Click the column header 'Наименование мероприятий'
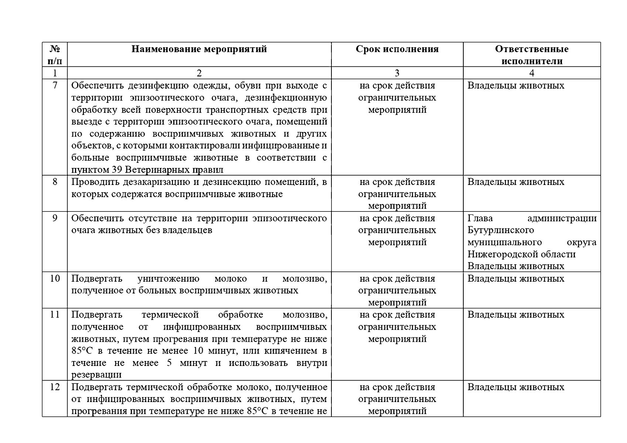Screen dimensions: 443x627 (x=199, y=49)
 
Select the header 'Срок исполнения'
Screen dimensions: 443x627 (x=397, y=49)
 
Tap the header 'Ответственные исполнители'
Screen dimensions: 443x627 (x=532, y=55)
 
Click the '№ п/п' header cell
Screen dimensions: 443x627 (x=55, y=55)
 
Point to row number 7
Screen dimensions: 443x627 (x=55, y=86)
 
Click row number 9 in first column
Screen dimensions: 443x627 (x=55, y=218)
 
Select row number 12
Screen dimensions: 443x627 (x=55, y=387)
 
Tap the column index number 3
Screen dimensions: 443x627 (x=397, y=73)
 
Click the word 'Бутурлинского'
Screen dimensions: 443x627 (x=501, y=230)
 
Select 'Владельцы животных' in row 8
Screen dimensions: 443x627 (x=516, y=182)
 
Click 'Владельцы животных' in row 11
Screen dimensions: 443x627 (x=516, y=315)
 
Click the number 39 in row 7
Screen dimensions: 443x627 (x=116, y=170)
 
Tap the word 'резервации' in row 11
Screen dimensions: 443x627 (x=96, y=375)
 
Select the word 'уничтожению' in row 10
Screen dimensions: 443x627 (x=168, y=279)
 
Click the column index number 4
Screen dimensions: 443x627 (x=532, y=73)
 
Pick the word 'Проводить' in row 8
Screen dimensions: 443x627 (x=91, y=182)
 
